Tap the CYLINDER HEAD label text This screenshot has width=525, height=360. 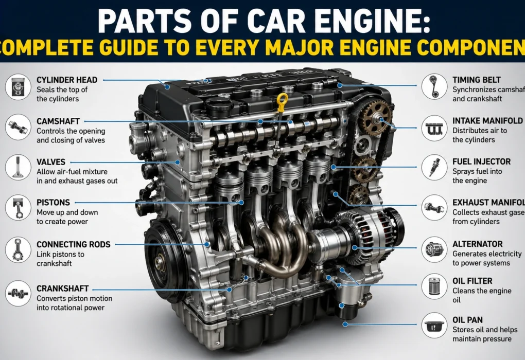click(x=67, y=80)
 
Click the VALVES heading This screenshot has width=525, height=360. click(x=51, y=162)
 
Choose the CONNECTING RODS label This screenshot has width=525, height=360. click(x=73, y=244)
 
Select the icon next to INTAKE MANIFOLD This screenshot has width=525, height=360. click(x=434, y=128)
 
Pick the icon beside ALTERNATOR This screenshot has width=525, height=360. click(x=434, y=249)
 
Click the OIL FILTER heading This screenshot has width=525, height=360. click(x=472, y=281)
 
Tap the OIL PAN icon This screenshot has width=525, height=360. click(x=434, y=325)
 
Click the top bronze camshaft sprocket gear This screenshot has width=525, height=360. click(x=376, y=114)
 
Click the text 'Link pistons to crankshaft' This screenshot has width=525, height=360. click(x=61, y=259)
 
